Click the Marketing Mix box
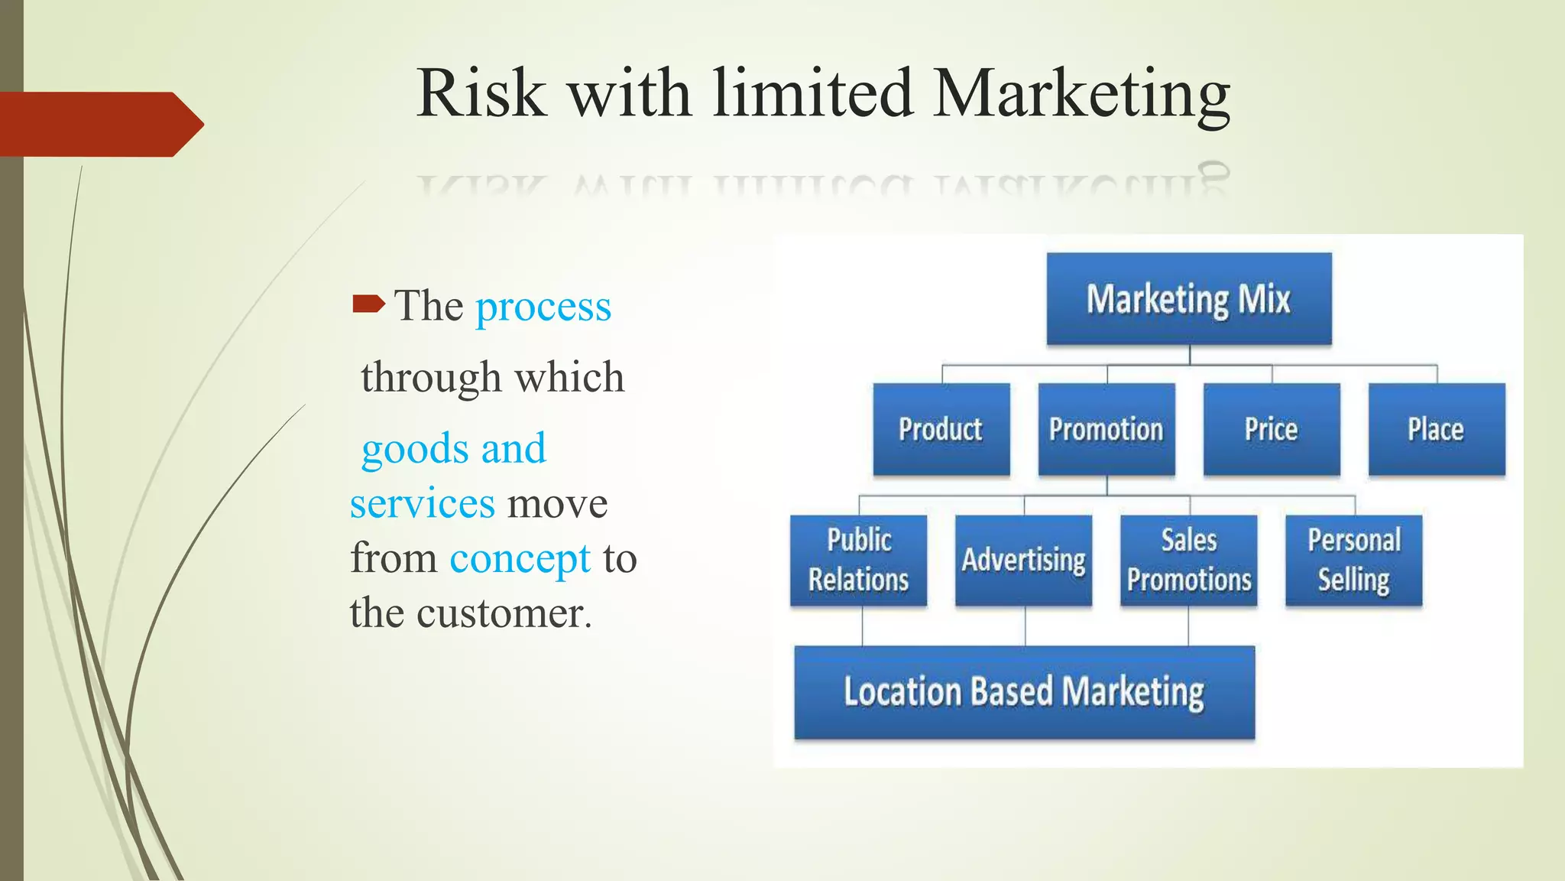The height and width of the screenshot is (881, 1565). point(1188,299)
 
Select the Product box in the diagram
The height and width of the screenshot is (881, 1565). point(941,430)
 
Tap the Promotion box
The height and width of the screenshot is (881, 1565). point(1106,430)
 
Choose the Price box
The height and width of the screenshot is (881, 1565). point(1271,430)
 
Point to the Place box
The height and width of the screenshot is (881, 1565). point(1436,430)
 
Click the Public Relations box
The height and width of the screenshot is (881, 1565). point(858,560)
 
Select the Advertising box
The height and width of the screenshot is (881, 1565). point(1023,560)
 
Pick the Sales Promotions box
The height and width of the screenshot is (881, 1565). point(1188,560)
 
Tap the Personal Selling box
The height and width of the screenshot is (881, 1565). point(1353,560)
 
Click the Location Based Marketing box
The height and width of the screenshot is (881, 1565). point(1024,692)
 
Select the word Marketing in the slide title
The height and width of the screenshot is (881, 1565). point(1081,95)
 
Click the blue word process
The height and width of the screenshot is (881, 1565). point(543,307)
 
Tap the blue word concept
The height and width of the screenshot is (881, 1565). point(520,559)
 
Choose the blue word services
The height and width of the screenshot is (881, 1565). point(423,504)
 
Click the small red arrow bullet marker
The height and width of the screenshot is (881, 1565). point(368,304)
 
